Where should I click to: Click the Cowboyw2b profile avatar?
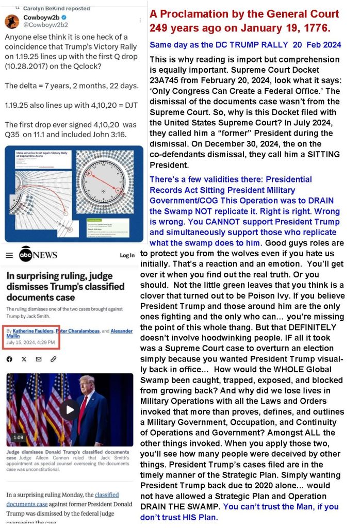click(13, 21)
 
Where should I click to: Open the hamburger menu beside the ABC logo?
click(9, 255)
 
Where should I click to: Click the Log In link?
click(127, 255)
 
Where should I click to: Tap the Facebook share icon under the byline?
click(9, 359)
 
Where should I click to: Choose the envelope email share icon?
click(39, 359)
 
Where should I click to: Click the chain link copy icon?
click(54, 359)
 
